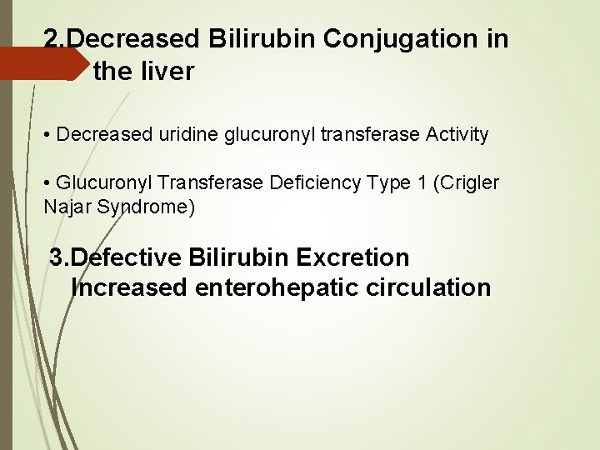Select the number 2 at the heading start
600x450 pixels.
tap(52, 39)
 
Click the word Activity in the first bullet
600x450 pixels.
tap(457, 134)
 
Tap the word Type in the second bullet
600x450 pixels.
tap(396, 182)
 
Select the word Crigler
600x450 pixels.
tap(472, 182)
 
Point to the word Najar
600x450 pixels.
tap(67, 207)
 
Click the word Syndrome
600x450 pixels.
tap(145, 207)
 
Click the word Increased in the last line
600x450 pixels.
tap(129, 288)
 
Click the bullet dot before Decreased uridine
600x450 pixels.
tap(49, 135)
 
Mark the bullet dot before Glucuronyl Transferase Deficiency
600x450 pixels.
tap(49, 183)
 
